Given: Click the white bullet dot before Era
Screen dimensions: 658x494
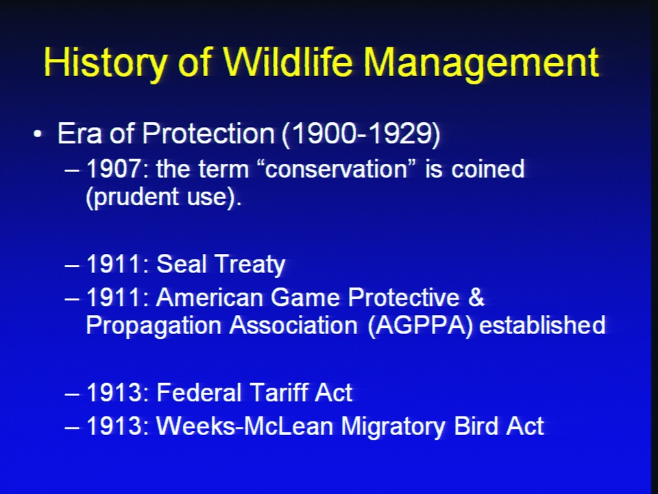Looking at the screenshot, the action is tap(38, 134).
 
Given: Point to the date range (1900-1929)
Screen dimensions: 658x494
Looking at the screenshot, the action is tap(361, 134).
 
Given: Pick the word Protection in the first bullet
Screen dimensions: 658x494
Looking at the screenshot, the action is tap(208, 134).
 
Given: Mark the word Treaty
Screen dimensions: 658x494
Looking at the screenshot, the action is tap(249, 266).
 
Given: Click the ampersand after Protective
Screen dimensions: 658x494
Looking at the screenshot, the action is tap(476, 297).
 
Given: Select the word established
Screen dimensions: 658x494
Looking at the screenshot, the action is tap(542, 325).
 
